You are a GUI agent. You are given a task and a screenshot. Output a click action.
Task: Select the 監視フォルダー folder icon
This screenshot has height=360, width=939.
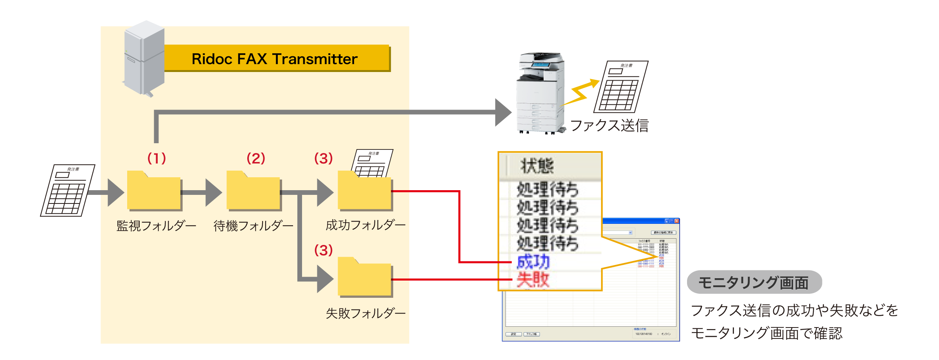tap(154, 191)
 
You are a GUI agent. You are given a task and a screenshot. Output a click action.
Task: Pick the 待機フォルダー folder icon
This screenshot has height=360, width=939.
tap(253, 191)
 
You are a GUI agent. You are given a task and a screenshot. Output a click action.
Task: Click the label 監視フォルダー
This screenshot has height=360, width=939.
tap(156, 226)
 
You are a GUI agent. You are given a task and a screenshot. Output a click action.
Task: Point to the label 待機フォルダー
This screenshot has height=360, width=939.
tap(253, 226)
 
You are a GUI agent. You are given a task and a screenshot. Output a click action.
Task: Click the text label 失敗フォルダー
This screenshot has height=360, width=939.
tap(365, 313)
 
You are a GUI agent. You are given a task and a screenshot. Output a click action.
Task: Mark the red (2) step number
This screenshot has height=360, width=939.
tap(256, 158)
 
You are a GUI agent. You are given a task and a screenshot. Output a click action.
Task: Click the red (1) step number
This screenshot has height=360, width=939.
tap(156, 158)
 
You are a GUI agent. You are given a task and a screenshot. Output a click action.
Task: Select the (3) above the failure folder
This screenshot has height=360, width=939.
tap(324, 250)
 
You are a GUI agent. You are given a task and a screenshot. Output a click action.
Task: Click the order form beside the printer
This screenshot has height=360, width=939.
tap(621, 87)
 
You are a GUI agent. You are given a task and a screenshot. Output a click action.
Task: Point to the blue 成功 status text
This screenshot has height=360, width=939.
tap(533, 262)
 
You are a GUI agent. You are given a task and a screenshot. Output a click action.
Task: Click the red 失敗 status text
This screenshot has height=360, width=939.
tap(533, 279)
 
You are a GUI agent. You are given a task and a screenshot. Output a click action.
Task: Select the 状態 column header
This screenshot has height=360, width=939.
tap(537, 166)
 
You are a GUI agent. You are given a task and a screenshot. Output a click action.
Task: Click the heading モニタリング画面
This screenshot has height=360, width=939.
tap(753, 283)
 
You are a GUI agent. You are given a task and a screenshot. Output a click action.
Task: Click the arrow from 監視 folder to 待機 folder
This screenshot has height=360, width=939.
tap(201, 193)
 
